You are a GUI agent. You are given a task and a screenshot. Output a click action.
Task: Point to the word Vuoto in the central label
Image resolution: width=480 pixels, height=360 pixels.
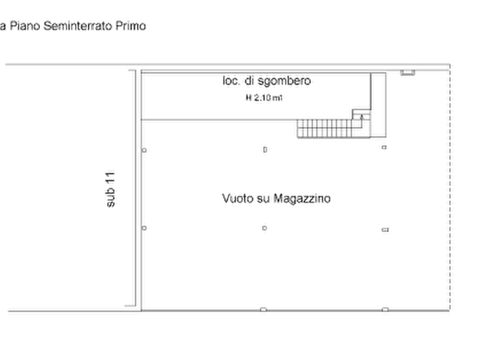[236, 199]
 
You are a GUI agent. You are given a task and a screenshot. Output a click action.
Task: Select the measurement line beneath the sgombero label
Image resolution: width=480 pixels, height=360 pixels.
[264, 98]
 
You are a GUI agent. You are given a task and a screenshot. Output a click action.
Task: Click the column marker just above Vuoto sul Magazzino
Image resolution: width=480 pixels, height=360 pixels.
[265, 152]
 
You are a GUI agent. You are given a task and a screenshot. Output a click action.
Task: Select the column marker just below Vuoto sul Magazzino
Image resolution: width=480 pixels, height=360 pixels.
[264, 229]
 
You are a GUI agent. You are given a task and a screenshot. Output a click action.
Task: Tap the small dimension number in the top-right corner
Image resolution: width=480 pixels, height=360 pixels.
[407, 76]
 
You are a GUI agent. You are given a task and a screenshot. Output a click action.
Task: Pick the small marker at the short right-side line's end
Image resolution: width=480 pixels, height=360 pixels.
[384, 231]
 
